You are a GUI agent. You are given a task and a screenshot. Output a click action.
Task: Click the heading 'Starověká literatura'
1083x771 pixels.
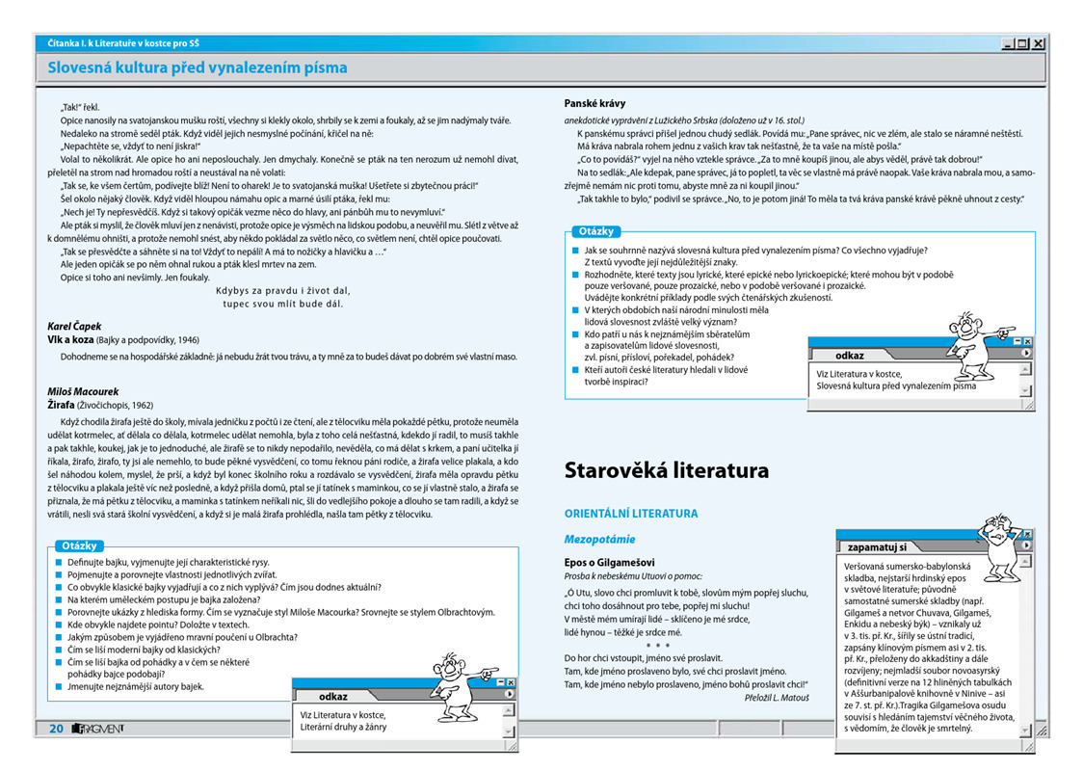coord(666,471)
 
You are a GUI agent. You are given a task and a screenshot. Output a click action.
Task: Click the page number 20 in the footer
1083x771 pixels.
coord(57,729)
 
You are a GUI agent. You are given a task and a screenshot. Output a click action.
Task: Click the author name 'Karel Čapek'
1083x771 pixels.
coord(74,327)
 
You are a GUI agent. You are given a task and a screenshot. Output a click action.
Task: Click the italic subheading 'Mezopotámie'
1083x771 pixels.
coord(599,539)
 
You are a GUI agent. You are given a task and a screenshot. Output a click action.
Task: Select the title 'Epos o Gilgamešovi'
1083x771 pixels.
coord(609,562)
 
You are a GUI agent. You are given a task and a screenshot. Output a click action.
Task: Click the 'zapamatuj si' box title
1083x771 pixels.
coord(876,546)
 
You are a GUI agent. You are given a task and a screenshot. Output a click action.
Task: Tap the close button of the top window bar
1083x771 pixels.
coord(1038,43)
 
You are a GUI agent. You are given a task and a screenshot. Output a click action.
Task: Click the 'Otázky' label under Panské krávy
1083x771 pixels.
coord(597,231)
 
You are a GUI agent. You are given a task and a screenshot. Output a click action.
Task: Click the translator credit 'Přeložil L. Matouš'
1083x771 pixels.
coord(777,697)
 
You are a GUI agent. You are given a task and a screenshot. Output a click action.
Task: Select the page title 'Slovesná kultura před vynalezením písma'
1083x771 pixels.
coord(198,67)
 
